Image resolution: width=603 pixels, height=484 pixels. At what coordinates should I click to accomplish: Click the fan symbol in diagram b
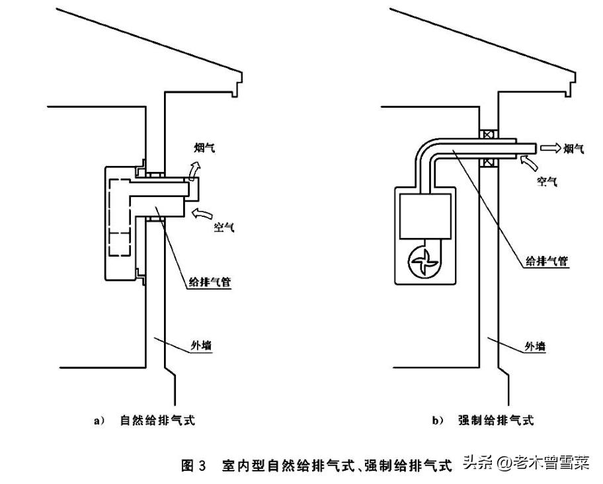click(x=423, y=261)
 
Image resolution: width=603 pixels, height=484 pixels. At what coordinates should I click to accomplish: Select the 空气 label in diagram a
click(x=223, y=227)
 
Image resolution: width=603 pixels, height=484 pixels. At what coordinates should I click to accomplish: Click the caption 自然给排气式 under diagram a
click(x=157, y=420)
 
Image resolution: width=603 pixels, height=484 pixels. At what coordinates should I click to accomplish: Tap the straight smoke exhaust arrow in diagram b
click(x=549, y=149)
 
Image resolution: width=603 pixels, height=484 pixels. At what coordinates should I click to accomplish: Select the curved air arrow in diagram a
click(x=204, y=213)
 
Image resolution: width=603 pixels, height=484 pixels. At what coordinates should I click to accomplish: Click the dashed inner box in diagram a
click(x=123, y=218)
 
